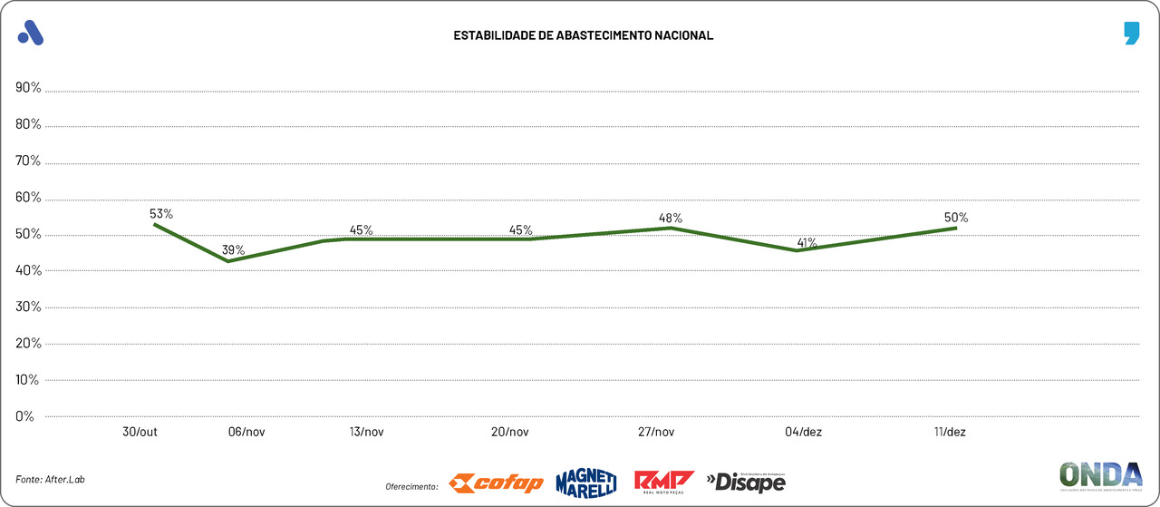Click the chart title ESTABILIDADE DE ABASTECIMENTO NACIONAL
tap(584, 35)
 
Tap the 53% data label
tap(161, 213)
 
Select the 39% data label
tap(234, 249)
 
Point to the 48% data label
tap(671, 218)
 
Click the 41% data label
tap(807, 242)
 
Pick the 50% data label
tap(956, 217)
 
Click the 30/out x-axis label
tap(140, 432)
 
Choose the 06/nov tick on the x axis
tap(246, 432)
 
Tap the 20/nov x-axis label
tap(510, 432)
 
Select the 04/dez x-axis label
tap(804, 432)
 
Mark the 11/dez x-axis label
tap(949, 432)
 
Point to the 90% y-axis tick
tap(28, 88)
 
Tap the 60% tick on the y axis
tap(28, 198)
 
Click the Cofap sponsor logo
tap(497, 483)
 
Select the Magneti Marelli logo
tap(585, 483)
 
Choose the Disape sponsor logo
tap(746, 482)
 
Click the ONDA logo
tap(1100, 477)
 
